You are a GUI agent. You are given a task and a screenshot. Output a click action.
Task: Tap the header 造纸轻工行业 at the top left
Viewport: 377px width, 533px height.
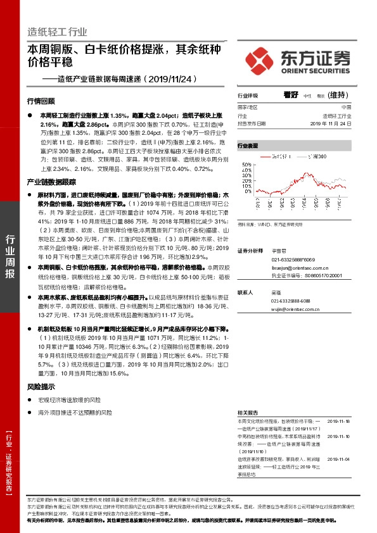coord(58,32)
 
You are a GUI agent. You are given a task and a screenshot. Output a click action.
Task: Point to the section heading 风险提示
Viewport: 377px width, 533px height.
coord(41,386)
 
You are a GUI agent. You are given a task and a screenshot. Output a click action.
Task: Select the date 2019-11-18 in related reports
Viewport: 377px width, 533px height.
coord(340,420)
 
